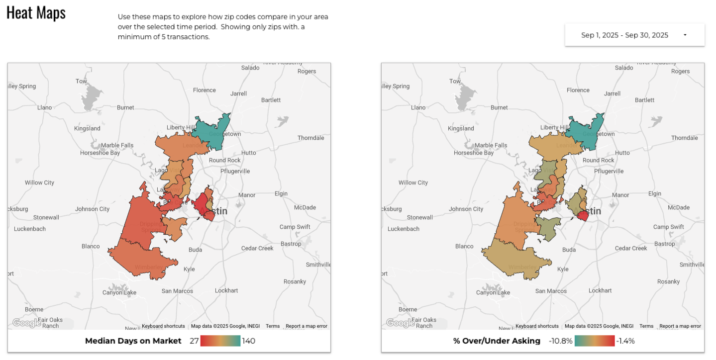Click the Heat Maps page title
pyautogui.click(x=36, y=13)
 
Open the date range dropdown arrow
pyautogui.click(x=685, y=35)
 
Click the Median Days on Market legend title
pyautogui.click(x=133, y=341)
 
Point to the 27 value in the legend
pyautogui.click(x=194, y=341)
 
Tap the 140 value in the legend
pyautogui.click(x=249, y=341)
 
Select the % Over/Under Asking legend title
pyautogui.click(x=497, y=341)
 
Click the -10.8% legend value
pyautogui.click(x=560, y=341)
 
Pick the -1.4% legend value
pyautogui.click(x=625, y=341)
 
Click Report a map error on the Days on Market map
pyautogui.click(x=307, y=326)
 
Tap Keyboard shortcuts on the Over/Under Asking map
pyautogui.click(x=537, y=326)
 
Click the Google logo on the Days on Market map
pyautogui.click(x=26, y=323)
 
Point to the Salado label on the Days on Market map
pyautogui.click(x=250, y=68)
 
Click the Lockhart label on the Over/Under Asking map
pyautogui.click(x=600, y=290)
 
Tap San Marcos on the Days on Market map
pyautogui.click(x=177, y=291)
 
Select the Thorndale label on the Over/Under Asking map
pyautogui.click(x=685, y=138)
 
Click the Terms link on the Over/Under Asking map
pyautogui.click(x=646, y=326)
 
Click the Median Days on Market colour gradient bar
pyautogui.click(x=220, y=341)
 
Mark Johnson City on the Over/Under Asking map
pyautogui.click(x=466, y=209)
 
